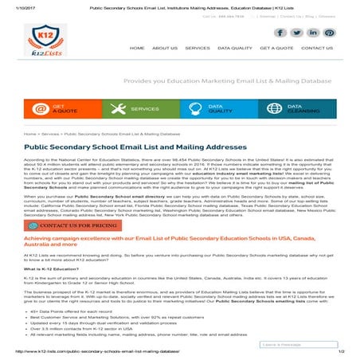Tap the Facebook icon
[x=280, y=33]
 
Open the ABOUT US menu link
[x=165, y=49]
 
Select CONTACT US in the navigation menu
[x=316, y=49]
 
